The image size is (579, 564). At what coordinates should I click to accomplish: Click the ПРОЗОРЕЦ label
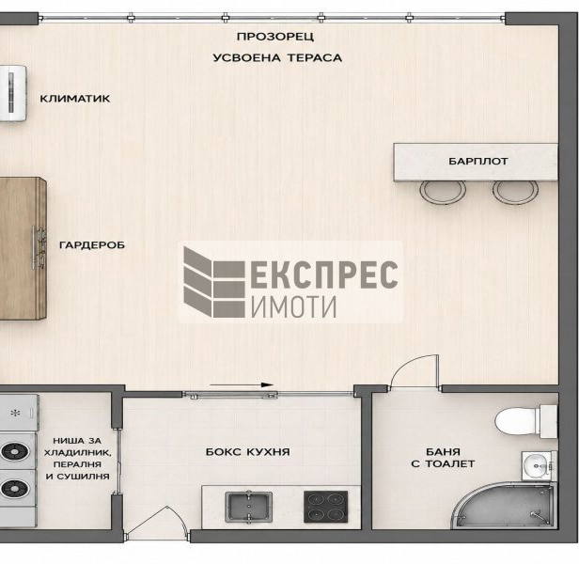[x=275, y=37]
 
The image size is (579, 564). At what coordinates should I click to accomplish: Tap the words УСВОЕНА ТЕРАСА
[x=277, y=58]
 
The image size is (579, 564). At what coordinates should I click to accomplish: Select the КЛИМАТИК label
[x=75, y=99]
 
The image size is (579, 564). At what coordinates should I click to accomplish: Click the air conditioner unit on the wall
[x=13, y=93]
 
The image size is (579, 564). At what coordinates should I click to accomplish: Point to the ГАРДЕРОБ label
[x=92, y=245]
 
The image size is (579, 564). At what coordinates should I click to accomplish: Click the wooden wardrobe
[x=23, y=248]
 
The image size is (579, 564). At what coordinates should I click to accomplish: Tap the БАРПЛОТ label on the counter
[x=478, y=162]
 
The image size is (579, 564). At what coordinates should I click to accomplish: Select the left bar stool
[x=443, y=193]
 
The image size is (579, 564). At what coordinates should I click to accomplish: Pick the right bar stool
[x=515, y=193]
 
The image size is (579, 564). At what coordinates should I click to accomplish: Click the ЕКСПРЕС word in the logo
[x=324, y=274]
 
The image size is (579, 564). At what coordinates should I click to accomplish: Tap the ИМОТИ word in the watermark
[x=294, y=306]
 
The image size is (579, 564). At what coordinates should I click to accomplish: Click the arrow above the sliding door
[x=242, y=384]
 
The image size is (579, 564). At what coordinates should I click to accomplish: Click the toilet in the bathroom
[x=525, y=421]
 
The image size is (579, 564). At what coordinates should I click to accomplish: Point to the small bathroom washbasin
[x=539, y=465]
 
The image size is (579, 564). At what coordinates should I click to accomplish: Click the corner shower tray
[x=505, y=506]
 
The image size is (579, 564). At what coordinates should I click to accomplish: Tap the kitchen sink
[x=248, y=507]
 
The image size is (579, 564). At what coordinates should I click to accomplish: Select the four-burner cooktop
[x=325, y=507]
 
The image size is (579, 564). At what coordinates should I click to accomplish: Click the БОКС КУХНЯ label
[x=247, y=452]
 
